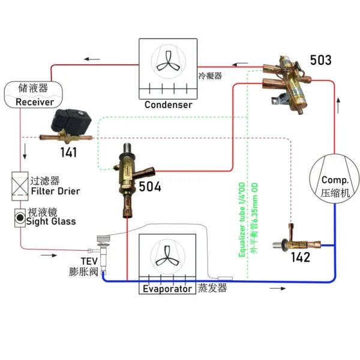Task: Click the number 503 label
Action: (x=320, y=60)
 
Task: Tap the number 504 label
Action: (x=150, y=186)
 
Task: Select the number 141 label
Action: (x=68, y=152)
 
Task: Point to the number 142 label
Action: (x=301, y=257)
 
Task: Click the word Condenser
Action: (x=168, y=104)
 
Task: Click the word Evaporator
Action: (x=167, y=289)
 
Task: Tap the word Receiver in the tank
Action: (x=35, y=102)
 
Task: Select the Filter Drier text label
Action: (x=55, y=191)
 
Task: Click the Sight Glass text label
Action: (x=51, y=221)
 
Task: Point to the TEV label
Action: (x=89, y=261)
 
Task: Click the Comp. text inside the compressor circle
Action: (x=335, y=180)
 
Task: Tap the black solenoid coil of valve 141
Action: (x=71, y=121)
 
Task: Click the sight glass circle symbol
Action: (x=20, y=218)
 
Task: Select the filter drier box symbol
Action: (x=20, y=186)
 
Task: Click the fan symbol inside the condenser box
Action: (x=168, y=62)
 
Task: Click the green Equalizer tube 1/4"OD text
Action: (x=242, y=220)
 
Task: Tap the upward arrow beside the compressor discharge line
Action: (x=338, y=106)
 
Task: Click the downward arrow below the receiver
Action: (x=25, y=151)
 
